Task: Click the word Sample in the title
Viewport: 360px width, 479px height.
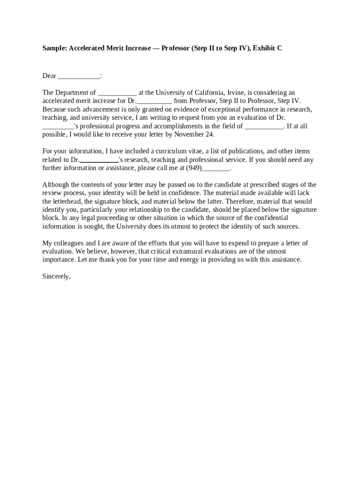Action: tap(54, 48)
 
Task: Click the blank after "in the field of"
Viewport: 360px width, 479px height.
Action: tap(264, 126)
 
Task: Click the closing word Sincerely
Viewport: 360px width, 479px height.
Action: tap(56, 276)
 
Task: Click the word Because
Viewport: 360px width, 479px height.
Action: tap(55, 109)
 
